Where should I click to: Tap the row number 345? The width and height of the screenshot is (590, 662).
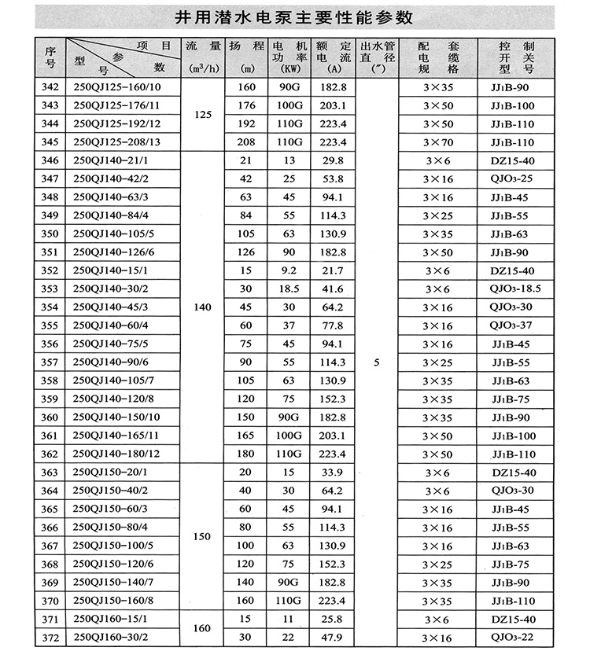point(49,142)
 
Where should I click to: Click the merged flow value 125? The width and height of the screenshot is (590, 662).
point(203,115)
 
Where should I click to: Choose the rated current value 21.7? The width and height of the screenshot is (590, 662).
point(334,270)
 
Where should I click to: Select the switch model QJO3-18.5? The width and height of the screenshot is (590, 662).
point(515,289)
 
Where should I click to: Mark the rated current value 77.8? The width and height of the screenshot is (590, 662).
point(334,325)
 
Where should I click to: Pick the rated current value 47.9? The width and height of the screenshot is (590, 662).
point(334,638)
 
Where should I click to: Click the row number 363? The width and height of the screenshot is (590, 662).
point(49,473)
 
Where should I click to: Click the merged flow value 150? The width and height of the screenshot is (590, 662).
point(203,537)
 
